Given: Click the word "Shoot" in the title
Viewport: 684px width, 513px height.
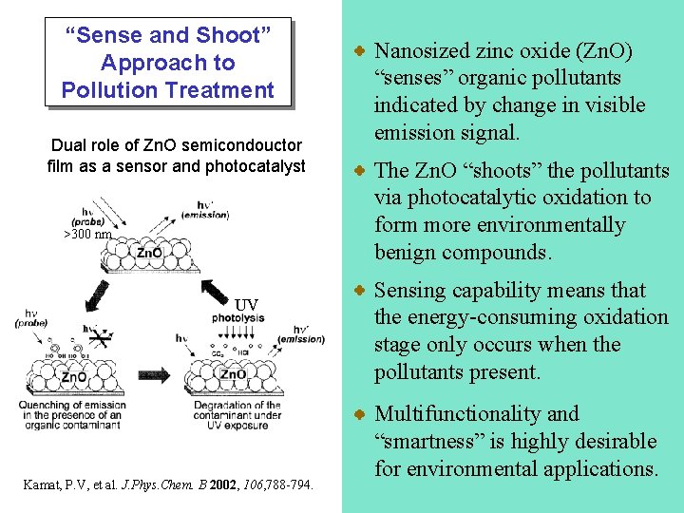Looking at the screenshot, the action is [232, 36].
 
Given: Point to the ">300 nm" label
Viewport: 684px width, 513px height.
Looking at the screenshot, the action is [87, 235].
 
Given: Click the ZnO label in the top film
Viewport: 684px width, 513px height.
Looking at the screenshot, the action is [149, 253].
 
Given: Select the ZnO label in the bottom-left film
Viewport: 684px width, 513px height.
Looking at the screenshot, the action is [73, 377].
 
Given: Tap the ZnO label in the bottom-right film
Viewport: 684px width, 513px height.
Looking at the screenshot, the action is [234, 373].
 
